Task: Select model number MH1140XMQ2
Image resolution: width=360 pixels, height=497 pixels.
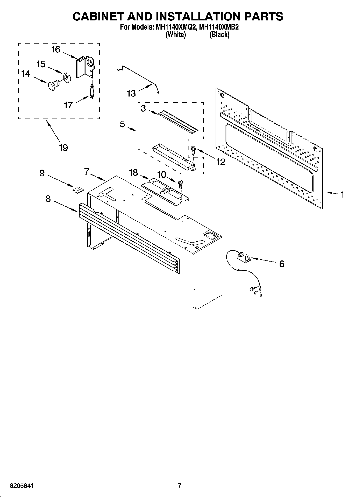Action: pos(173,27)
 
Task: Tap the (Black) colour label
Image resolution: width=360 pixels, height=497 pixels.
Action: pos(219,35)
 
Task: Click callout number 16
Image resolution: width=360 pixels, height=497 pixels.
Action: pos(56,50)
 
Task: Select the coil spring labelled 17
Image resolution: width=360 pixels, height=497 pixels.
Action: pos(92,91)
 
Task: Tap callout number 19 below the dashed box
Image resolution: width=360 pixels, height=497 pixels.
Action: pos(63,148)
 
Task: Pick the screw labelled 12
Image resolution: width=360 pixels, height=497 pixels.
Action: pos(193,150)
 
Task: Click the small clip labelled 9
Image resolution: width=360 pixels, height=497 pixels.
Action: pos(77,190)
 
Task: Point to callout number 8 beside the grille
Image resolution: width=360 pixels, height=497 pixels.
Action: pos(48,199)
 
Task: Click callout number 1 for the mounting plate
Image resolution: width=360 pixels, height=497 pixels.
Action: pos(342,194)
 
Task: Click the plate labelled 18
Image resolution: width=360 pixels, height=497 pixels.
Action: pos(164,189)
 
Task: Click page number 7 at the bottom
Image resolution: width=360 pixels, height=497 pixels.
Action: pos(180,485)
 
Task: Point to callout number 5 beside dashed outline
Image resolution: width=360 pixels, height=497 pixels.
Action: pos(122,124)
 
